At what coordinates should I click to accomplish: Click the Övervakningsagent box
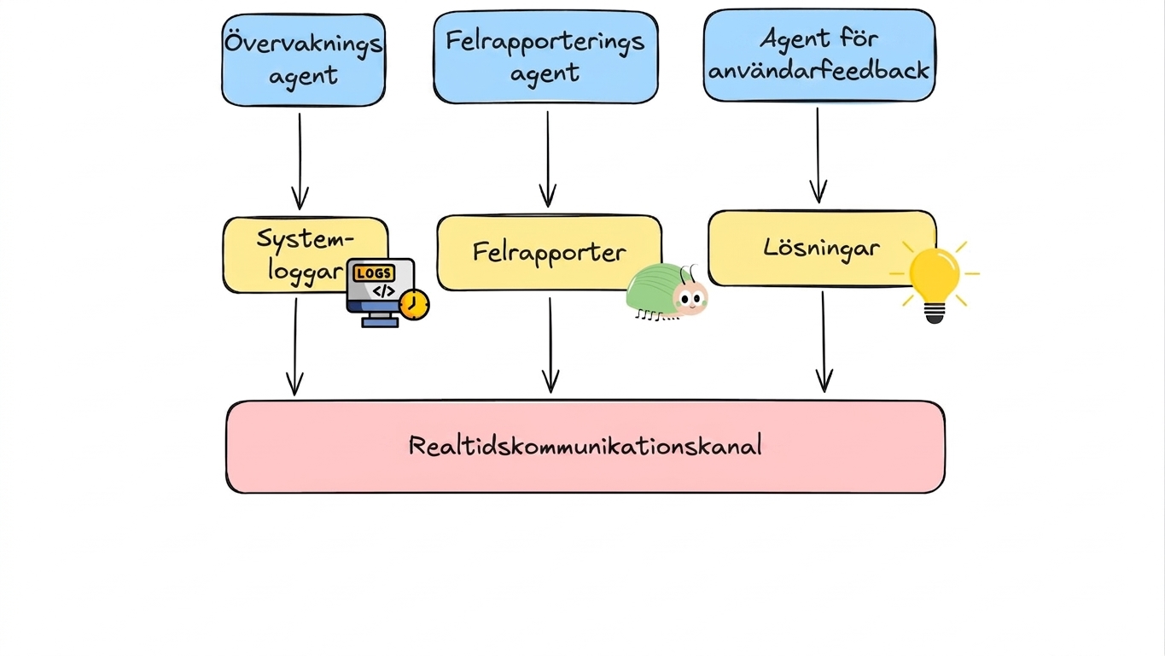click(x=304, y=61)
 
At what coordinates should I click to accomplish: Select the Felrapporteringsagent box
click(x=545, y=57)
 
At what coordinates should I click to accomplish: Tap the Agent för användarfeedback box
click(x=819, y=55)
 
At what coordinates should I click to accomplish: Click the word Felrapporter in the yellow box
click(x=550, y=253)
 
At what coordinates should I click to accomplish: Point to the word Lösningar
click(x=822, y=248)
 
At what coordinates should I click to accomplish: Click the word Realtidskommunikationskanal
click(x=585, y=446)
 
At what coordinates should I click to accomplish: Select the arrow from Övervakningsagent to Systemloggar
click(x=300, y=162)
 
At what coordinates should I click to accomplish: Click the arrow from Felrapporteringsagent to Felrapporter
click(x=548, y=160)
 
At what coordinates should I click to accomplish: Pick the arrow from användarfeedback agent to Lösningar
click(x=818, y=155)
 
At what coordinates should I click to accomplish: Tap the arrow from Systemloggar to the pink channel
click(x=295, y=347)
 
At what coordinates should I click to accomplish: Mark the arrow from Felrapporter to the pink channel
click(x=550, y=345)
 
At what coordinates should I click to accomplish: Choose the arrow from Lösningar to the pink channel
click(x=824, y=342)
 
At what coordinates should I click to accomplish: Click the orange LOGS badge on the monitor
click(x=374, y=273)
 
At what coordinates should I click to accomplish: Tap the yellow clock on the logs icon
click(x=414, y=305)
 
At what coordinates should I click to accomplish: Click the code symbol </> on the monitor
click(x=384, y=291)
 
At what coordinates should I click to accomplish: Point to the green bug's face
click(x=690, y=299)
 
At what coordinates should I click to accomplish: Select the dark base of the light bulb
click(x=935, y=313)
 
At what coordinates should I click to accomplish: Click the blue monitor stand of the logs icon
click(x=380, y=319)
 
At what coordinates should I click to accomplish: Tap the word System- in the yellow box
click(x=306, y=240)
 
